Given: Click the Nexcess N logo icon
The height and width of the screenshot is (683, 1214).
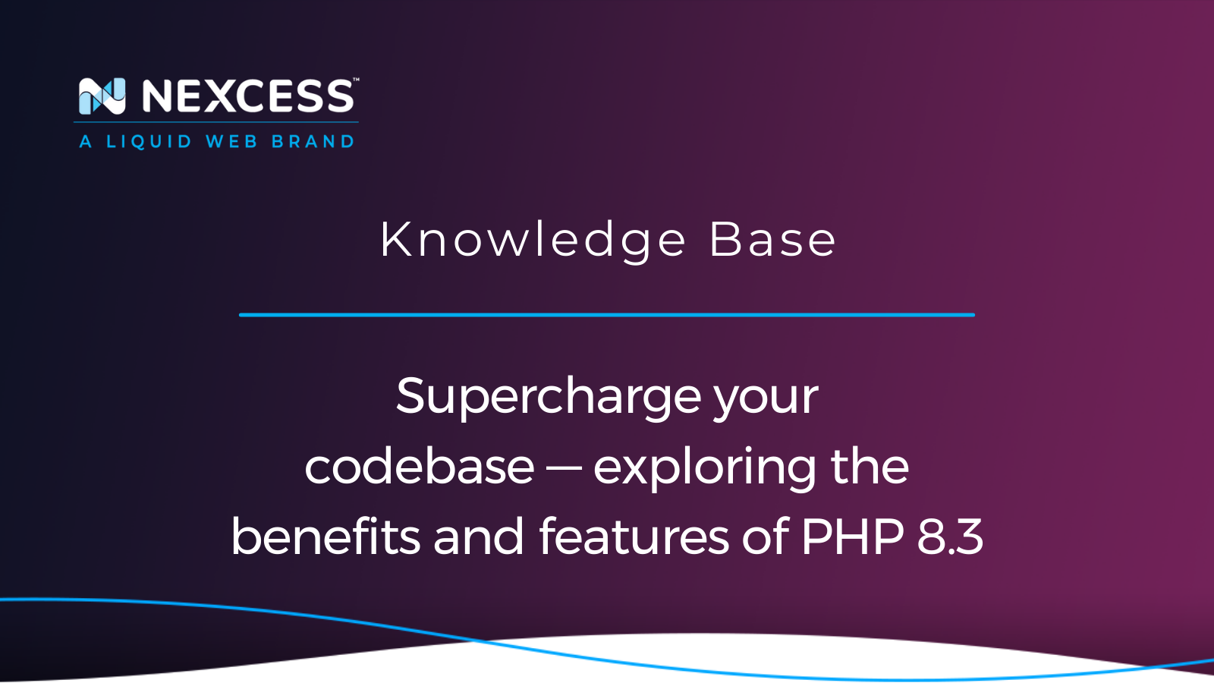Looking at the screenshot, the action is pyautogui.click(x=102, y=96).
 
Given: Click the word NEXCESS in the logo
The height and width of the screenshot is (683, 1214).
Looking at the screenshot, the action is pyautogui.click(x=248, y=96).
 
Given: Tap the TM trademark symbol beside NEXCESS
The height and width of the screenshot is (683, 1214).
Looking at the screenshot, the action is pyautogui.click(x=356, y=80).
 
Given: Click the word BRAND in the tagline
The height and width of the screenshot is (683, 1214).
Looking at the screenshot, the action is pyautogui.click(x=313, y=141).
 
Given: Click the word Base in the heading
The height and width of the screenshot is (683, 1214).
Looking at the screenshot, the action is pyautogui.click(x=772, y=240).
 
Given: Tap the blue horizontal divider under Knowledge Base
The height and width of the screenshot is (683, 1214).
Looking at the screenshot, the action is pyautogui.click(x=607, y=314).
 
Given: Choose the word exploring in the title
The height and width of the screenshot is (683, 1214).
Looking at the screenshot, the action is pyautogui.click(x=705, y=468).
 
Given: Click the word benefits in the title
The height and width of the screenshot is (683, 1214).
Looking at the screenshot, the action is pyautogui.click(x=326, y=536).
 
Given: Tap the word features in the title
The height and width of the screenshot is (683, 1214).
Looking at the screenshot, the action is pyautogui.click(x=634, y=536).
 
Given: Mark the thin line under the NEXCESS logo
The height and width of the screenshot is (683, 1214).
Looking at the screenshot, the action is pyautogui.click(x=215, y=122).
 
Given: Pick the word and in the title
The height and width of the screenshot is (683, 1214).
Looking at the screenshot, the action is pyautogui.click(x=479, y=536).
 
